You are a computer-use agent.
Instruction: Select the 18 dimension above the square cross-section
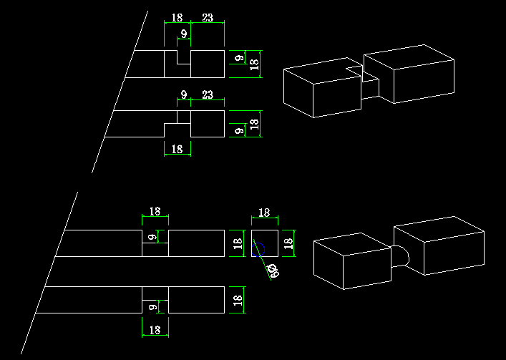click(264, 213)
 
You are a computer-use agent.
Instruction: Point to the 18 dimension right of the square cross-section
click(289, 243)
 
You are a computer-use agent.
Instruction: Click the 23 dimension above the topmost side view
click(208, 17)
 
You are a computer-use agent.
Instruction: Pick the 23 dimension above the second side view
click(208, 95)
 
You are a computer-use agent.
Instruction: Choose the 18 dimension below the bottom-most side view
click(155, 330)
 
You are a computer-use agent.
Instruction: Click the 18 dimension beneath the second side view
click(177, 149)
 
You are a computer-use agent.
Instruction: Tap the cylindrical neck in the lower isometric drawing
click(400, 256)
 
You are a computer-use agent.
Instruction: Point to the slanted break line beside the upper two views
click(120, 92)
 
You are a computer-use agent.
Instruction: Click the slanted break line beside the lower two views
click(49, 273)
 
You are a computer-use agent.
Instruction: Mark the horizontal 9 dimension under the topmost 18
click(184, 34)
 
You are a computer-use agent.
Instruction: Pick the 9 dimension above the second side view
click(184, 95)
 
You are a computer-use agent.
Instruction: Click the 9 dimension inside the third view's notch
click(151, 237)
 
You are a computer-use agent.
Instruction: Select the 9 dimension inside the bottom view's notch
click(151, 306)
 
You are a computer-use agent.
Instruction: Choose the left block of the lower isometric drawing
click(352, 261)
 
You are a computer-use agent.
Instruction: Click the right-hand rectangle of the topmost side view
click(208, 64)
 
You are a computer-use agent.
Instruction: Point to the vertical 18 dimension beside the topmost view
click(255, 64)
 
